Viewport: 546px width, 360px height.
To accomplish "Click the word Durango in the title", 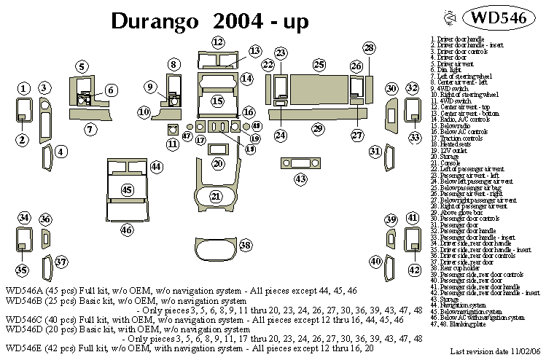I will (154, 21).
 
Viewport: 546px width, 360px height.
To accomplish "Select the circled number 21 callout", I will (215, 196).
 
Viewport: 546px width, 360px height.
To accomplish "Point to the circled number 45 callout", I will (128, 190).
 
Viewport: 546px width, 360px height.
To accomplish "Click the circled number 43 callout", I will (300, 179).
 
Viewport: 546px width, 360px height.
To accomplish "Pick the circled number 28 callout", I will (369, 49).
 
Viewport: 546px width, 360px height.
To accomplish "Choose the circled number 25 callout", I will (319, 65).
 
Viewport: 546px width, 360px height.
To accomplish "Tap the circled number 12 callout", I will (219, 41).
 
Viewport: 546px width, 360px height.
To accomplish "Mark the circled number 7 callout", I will (90, 130).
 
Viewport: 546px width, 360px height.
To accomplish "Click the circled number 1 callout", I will (23, 88).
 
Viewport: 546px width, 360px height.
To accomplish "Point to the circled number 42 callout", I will (413, 270).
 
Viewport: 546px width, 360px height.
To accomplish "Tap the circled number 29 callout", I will (317, 129).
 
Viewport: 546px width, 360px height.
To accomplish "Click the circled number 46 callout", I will (128, 230).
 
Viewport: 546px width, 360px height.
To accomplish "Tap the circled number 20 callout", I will (217, 164).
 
